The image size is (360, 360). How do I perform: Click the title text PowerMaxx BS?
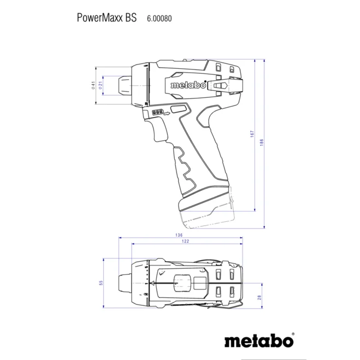pos(107,17)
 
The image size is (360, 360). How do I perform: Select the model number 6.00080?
pos(160,18)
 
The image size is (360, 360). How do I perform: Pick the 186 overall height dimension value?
pos(262,142)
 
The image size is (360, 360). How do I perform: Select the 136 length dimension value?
pos(179,235)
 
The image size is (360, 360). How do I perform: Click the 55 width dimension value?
pos(101,283)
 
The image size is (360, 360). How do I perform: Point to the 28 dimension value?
pos(259,297)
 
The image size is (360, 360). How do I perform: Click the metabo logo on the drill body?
pos(188,85)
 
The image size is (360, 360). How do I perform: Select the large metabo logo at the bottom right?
pos(257,340)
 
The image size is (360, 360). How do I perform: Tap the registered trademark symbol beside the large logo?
pos(293,334)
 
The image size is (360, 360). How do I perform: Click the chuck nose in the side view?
pos(126,85)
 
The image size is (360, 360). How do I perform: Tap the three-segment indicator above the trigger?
pos(158,112)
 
